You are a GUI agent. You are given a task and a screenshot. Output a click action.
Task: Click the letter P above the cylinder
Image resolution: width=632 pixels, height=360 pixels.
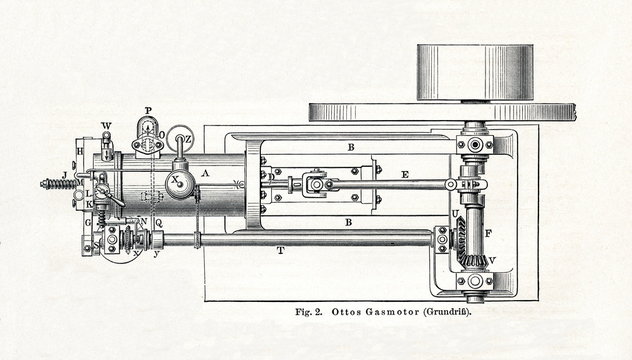(x=148, y=110)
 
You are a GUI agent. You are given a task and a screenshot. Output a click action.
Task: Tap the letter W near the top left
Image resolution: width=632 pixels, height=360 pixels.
(x=107, y=126)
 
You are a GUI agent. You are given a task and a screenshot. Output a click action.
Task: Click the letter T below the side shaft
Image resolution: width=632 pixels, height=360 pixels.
(x=280, y=251)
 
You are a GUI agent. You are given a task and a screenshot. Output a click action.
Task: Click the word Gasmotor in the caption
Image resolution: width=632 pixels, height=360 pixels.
(x=381, y=314)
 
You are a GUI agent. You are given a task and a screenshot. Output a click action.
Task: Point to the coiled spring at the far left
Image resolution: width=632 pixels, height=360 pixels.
(x=50, y=184)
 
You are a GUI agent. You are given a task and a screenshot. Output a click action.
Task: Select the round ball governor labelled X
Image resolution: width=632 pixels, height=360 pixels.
(x=181, y=182)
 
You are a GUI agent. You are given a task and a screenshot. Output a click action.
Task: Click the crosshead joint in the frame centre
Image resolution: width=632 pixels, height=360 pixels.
(x=317, y=183)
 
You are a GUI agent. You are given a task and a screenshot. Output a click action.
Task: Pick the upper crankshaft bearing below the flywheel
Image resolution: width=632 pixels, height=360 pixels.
(x=475, y=144)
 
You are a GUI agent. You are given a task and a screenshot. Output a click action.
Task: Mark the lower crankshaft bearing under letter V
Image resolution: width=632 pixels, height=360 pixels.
(x=475, y=282)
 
